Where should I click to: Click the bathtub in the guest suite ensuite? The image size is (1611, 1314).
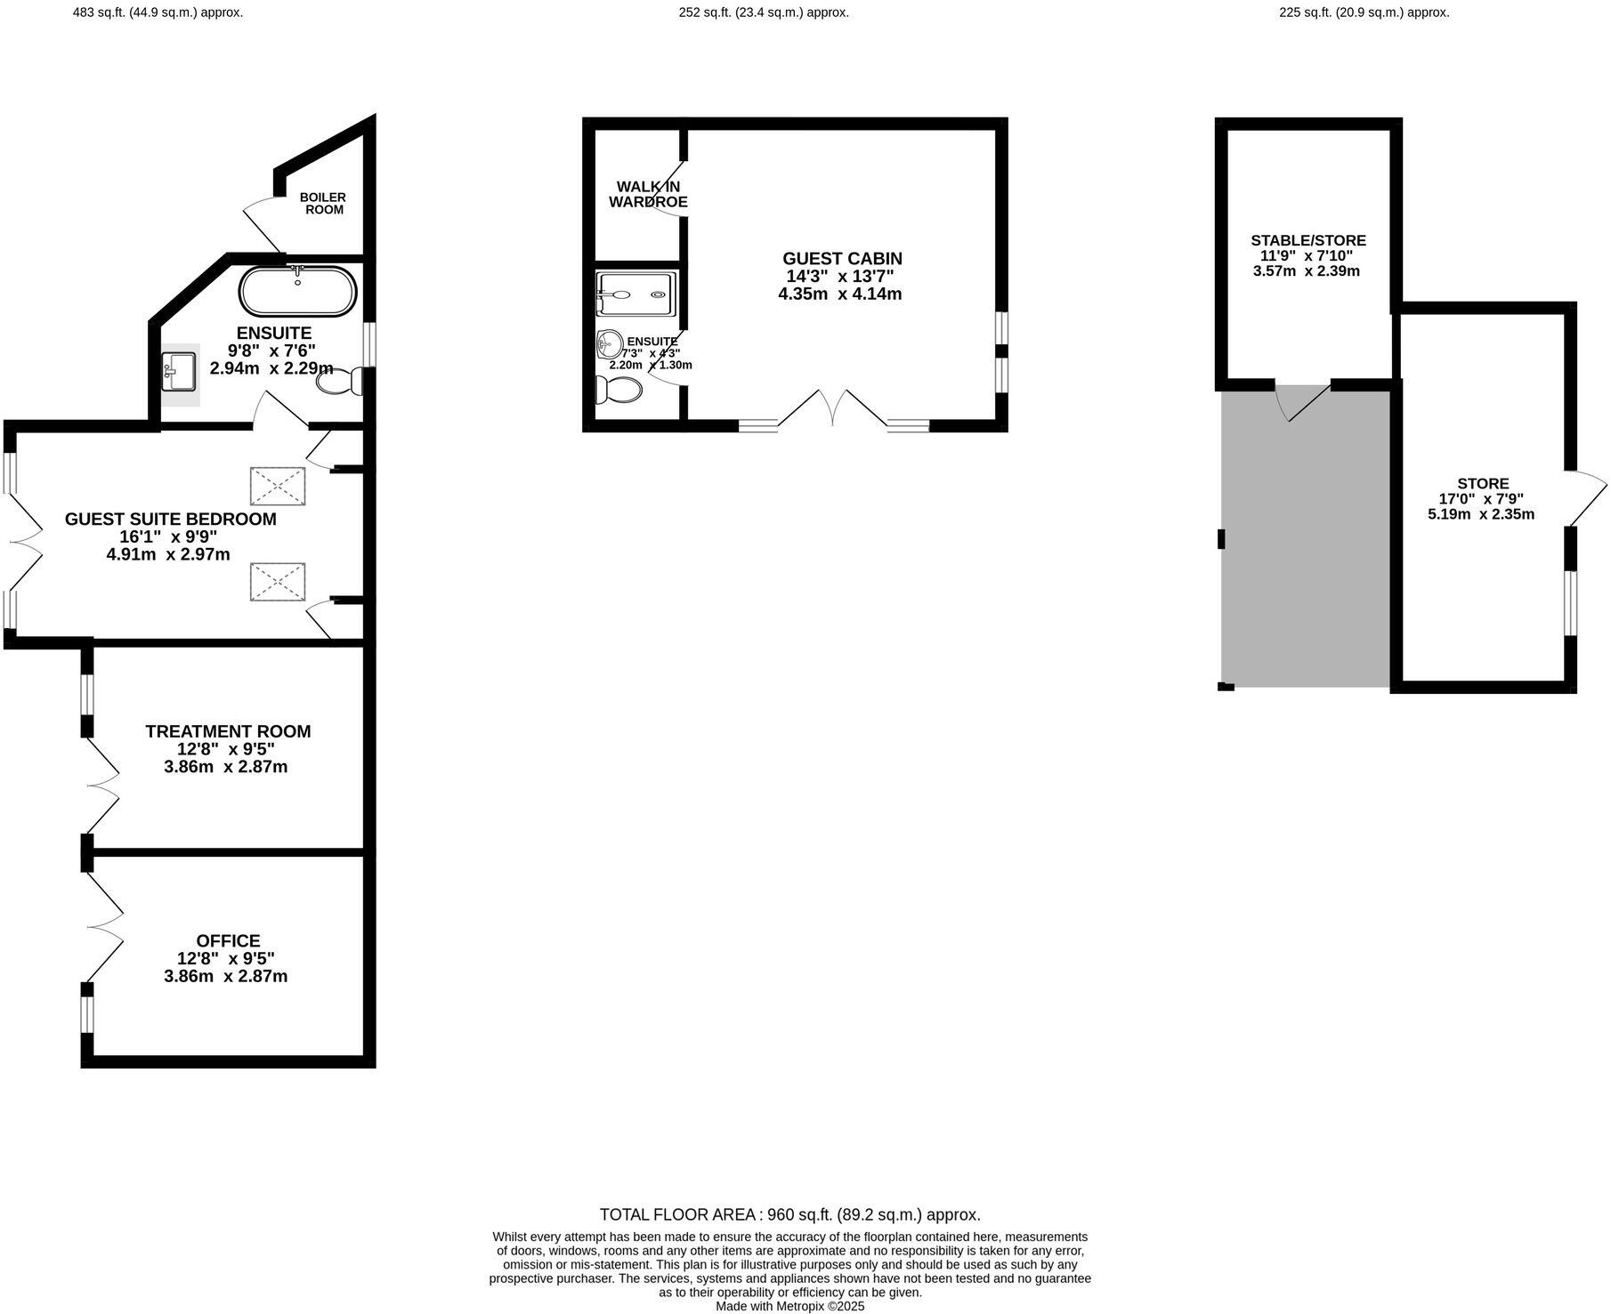click(298, 291)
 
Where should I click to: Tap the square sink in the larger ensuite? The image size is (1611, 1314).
click(181, 371)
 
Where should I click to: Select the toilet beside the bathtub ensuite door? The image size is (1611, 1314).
click(340, 382)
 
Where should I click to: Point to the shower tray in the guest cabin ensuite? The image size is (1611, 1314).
click(635, 294)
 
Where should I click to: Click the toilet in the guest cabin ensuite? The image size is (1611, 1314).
click(619, 390)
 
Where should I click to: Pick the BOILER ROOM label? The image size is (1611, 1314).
click(323, 203)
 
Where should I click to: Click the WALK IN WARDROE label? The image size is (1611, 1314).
click(648, 194)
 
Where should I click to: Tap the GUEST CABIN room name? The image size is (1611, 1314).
click(842, 258)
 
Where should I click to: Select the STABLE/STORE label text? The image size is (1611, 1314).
click(1308, 240)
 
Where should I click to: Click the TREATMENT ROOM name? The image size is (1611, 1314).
click(228, 731)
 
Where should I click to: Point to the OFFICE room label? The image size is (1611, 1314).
click(228, 940)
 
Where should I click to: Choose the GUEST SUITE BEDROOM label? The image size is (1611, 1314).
click(171, 519)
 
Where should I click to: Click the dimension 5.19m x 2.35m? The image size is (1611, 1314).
click(1481, 514)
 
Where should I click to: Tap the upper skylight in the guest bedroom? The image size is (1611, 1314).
click(278, 486)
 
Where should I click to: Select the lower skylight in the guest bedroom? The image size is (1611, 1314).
click(278, 582)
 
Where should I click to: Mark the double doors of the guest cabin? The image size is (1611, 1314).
click(832, 409)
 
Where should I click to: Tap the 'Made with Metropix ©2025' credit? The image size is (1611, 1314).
click(790, 1307)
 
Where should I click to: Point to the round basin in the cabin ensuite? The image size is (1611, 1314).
click(611, 343)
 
